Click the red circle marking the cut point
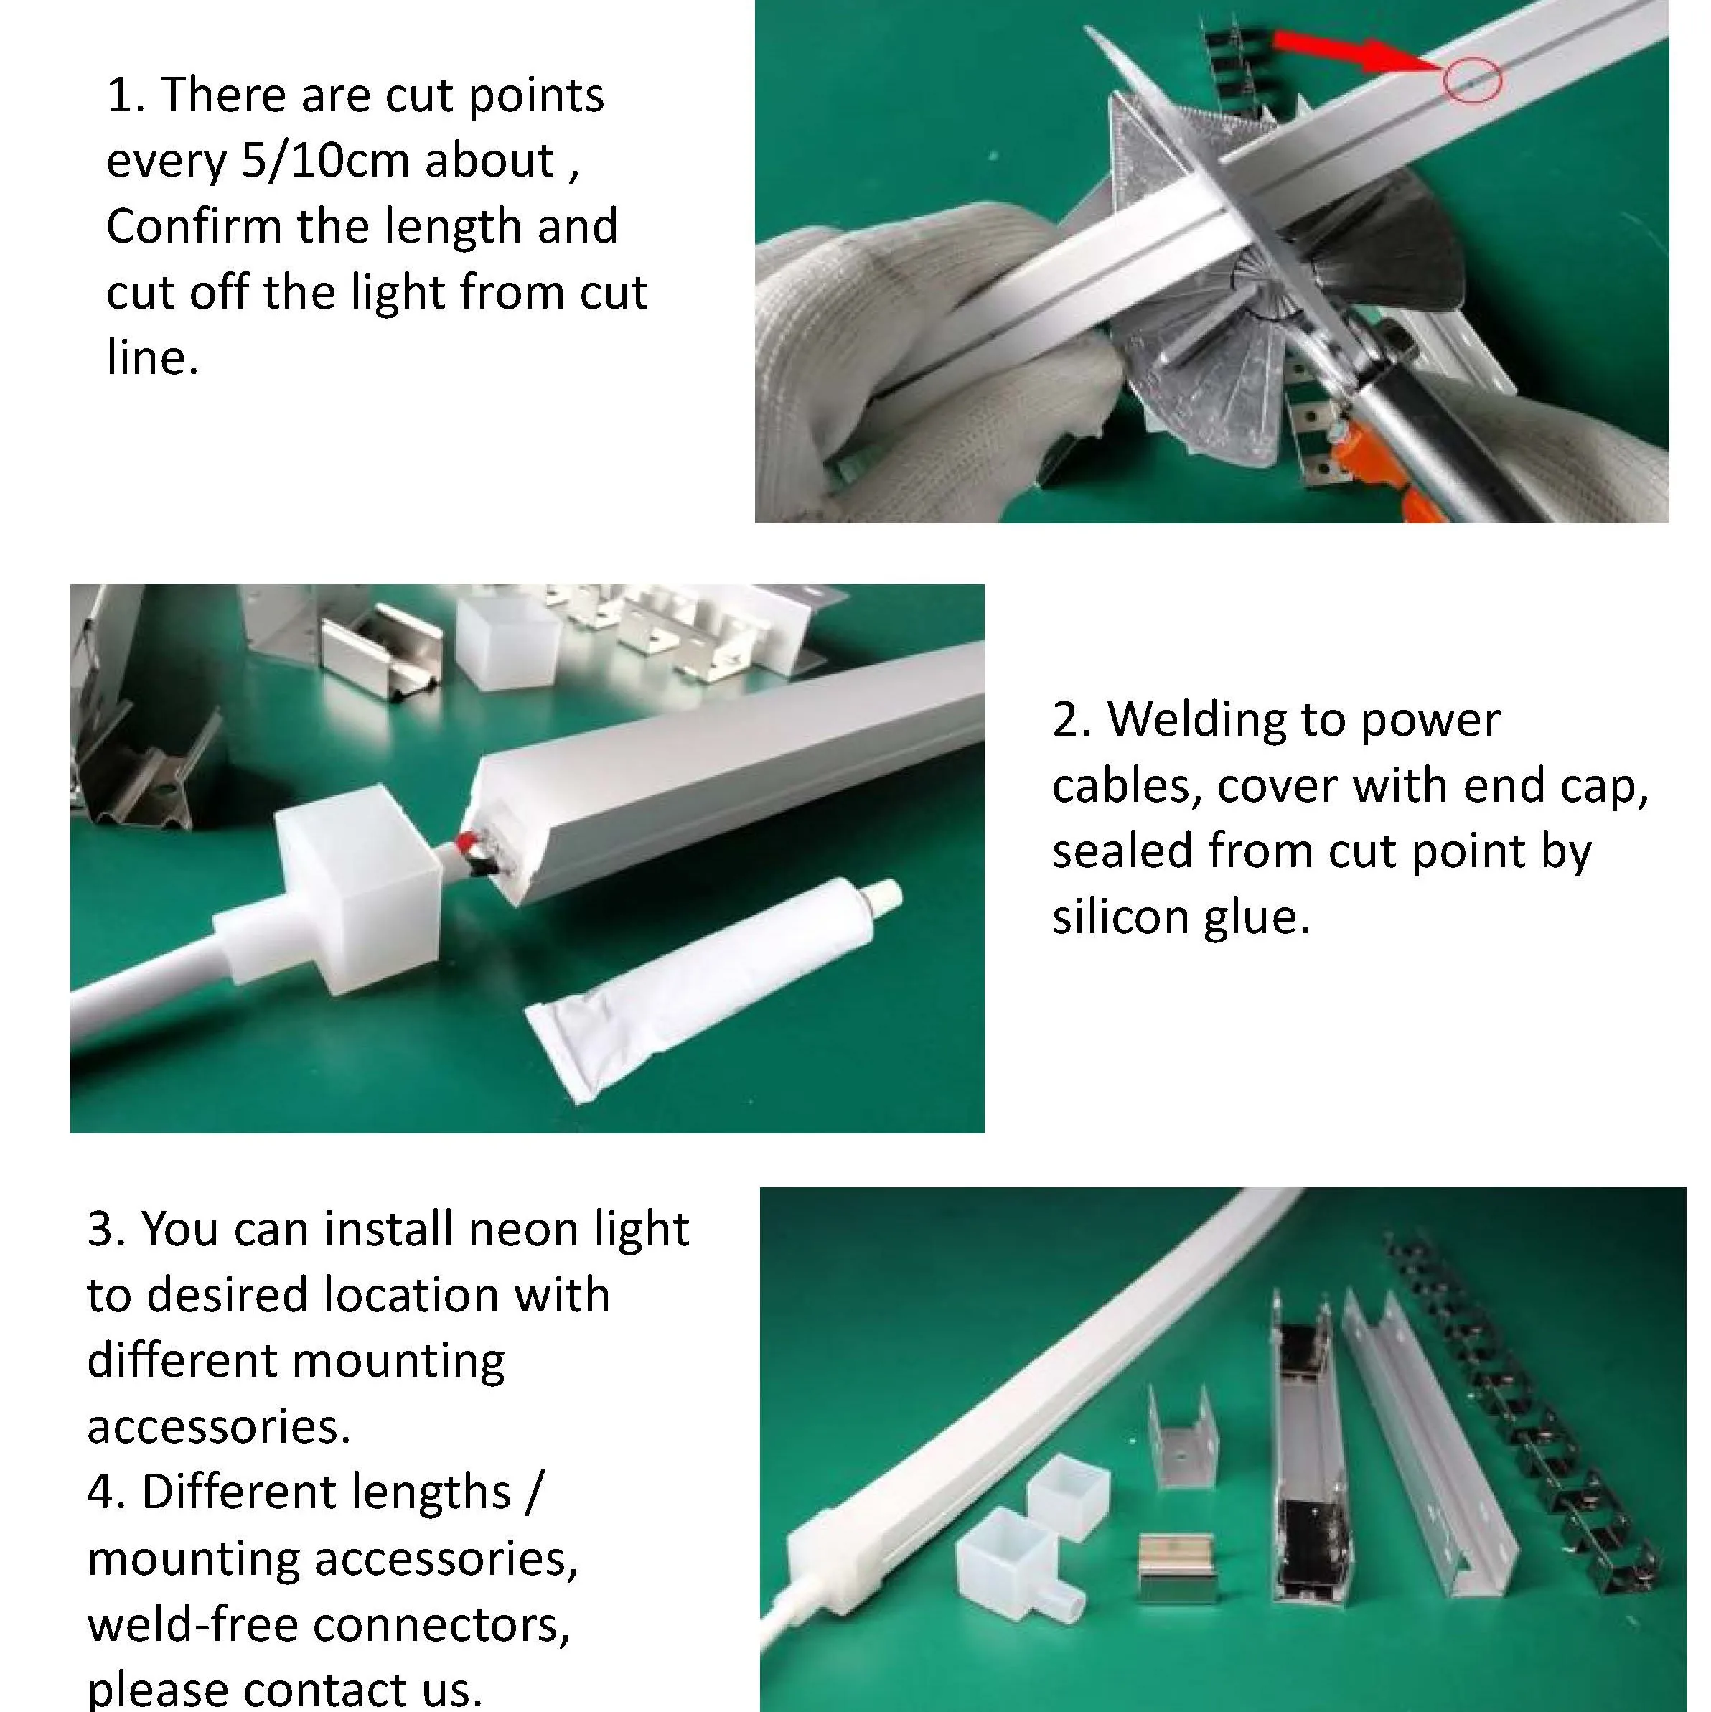coord(1472,80)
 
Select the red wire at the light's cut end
coord(467,842)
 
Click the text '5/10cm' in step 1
coord(325,160)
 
